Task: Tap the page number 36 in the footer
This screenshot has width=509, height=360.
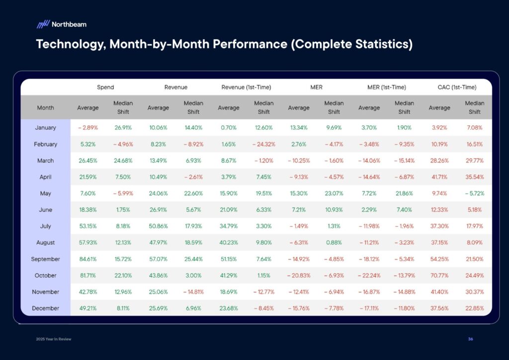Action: point(470,339)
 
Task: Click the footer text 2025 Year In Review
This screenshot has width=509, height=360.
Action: point(53,339)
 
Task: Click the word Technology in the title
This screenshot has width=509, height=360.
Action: point(69,44)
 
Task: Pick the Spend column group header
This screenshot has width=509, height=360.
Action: point(105,87)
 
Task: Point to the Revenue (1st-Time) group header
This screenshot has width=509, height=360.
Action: point(246,87)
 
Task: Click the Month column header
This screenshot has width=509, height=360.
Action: point(45,107)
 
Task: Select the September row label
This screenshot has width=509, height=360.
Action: point(45,259)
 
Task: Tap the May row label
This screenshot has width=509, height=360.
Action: point(45,193)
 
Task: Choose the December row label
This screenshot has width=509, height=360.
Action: point(45,308)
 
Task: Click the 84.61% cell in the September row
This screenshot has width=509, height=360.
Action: point(87,259)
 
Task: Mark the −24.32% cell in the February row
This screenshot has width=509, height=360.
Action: point(263,144)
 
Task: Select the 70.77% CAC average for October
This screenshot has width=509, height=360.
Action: point(439,275)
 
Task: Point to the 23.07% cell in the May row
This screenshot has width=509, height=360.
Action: point(334,193)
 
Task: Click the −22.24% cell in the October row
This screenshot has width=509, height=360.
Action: point(369,275)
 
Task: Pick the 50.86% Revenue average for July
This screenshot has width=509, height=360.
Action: point(158,226)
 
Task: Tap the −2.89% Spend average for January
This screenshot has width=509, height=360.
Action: point(87,128)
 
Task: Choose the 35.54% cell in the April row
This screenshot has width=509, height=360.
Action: point(474,177)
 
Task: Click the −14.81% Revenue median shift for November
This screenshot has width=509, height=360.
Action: point(193,292)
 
